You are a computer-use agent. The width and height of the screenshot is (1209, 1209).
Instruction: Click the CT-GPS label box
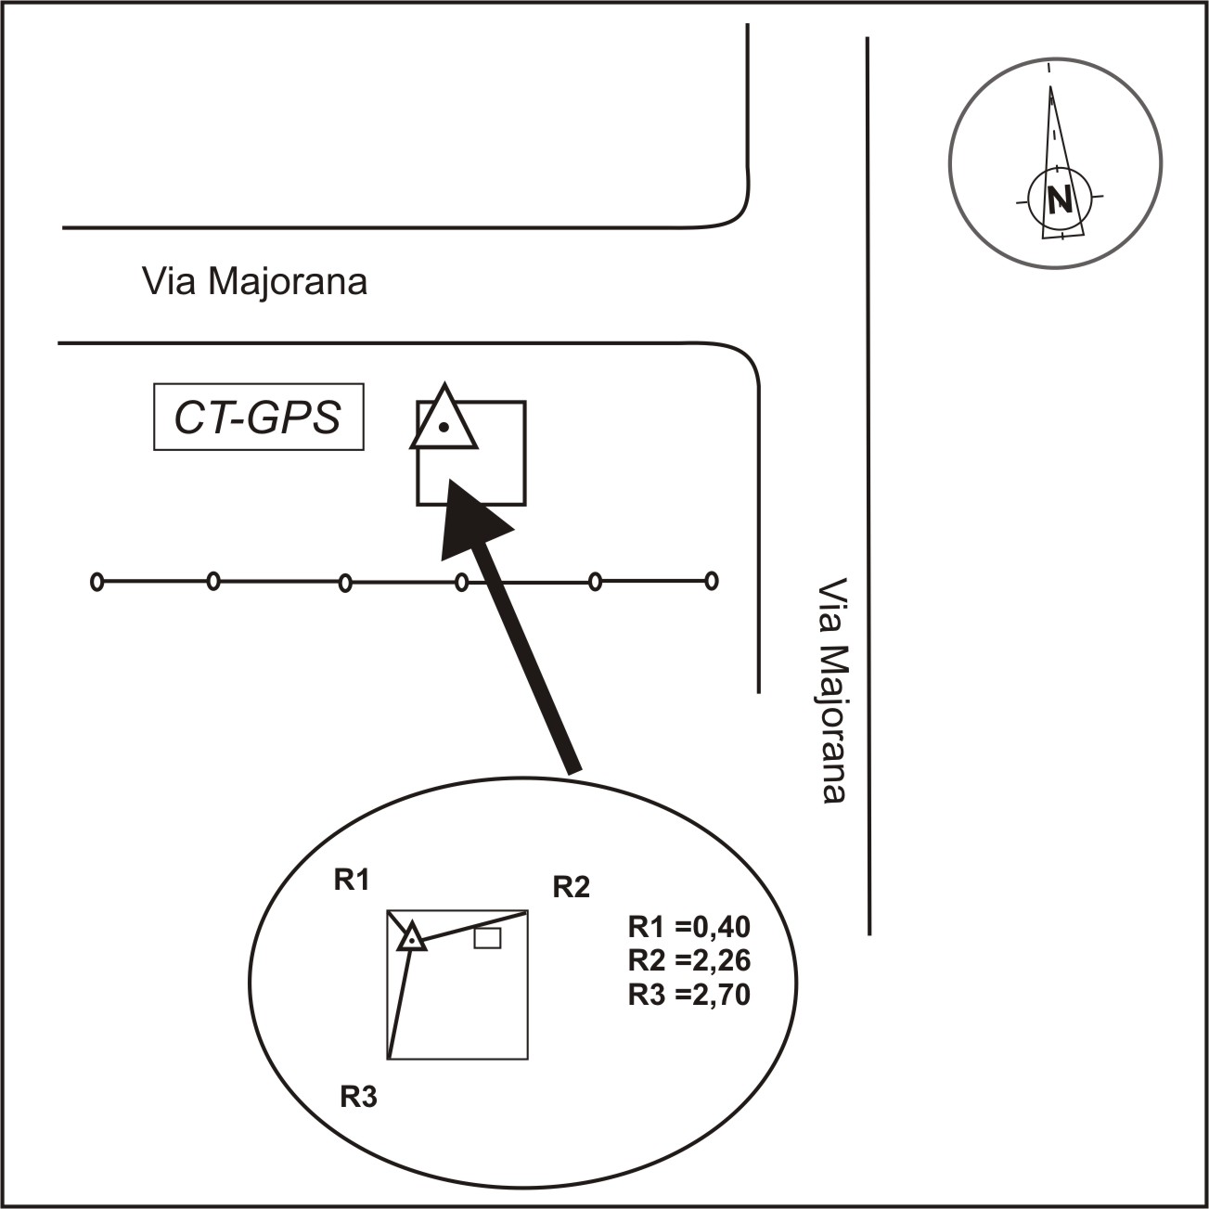[x=258, y=418]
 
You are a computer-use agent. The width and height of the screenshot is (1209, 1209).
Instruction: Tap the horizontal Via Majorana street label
[x=254, y=281]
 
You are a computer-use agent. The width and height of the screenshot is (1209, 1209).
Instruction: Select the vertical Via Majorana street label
[x=833, y=691]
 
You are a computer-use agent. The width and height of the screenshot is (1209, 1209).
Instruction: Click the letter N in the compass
[x=1059, y=199]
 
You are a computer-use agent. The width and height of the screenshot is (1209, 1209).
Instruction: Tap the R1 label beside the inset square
[x=352, y=880]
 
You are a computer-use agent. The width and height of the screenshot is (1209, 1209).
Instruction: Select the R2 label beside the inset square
[x=571, y=887]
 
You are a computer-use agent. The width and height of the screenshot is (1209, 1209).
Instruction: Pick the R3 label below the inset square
[x=358, y=1098]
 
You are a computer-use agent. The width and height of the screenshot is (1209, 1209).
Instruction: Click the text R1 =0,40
[x=688, y=927]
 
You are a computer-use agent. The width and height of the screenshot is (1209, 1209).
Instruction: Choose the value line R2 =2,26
[x=688, y=960]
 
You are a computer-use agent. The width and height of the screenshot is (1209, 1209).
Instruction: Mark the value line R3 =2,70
[x=688, y=995]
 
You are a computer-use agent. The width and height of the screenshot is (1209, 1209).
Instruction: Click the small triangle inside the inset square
[x=411, y=940]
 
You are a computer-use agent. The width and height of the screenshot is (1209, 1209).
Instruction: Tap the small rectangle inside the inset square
[x=487, y=938]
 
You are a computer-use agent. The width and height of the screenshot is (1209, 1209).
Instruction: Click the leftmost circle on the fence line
[x=96, y=582]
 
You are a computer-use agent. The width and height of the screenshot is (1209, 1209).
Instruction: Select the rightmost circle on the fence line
[x=712, y=582]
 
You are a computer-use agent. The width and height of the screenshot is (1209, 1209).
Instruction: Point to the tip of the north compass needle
[x=1050, y=88]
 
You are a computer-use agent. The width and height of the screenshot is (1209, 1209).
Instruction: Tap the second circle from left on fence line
[x=213, y=582]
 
